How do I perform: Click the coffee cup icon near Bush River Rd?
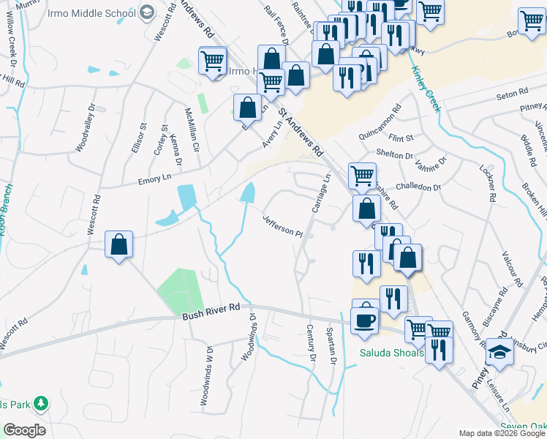click(365, 320)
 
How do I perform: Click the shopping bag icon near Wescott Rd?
click(118, 245)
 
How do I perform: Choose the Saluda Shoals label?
click(391, 353)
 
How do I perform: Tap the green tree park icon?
click(41, 403)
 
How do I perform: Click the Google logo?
click(24, 430)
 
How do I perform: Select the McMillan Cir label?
click(192, 130)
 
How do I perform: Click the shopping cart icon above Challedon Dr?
click(361, 176)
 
